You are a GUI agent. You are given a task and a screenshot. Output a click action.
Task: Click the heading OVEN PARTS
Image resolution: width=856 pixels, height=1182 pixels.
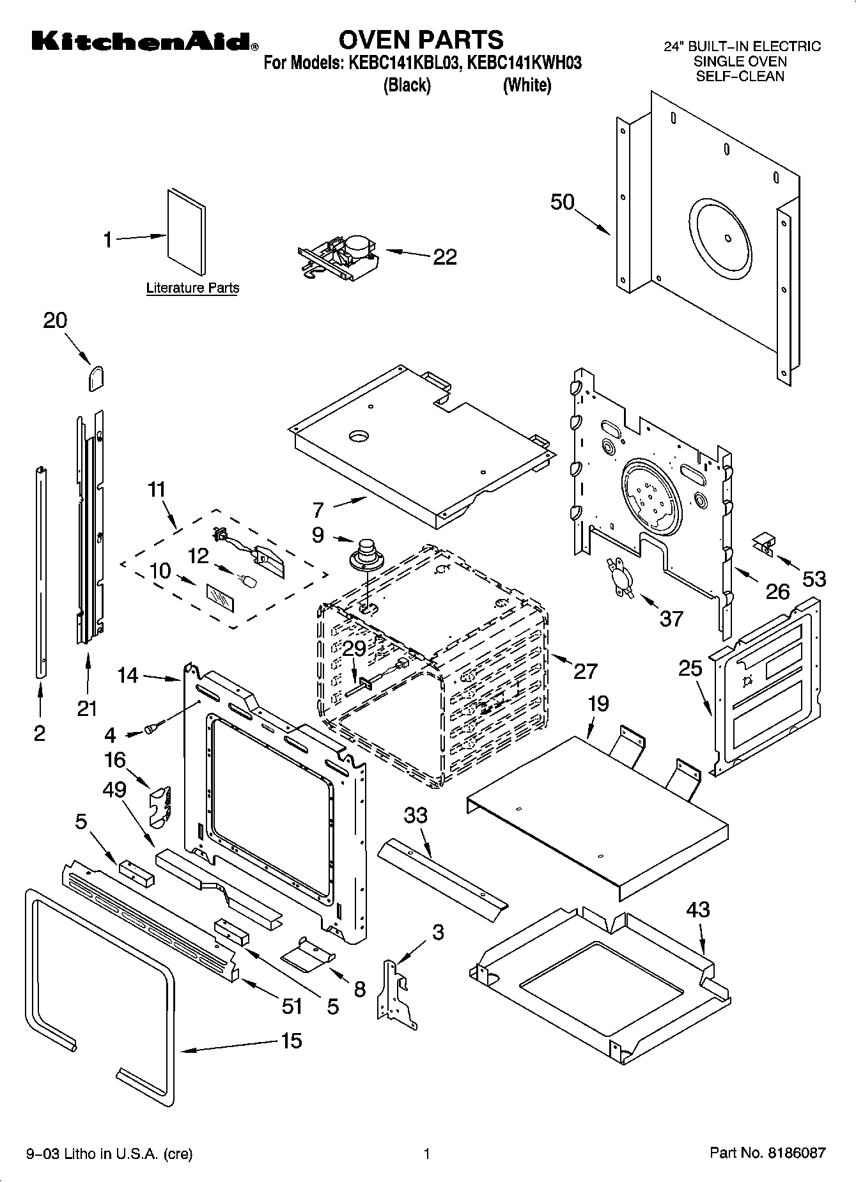tap(421, 40)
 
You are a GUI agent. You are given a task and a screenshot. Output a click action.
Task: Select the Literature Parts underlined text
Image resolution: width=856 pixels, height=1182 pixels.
tap(192, 288)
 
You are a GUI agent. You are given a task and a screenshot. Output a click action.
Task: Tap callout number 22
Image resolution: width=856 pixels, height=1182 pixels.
tap(445, 257)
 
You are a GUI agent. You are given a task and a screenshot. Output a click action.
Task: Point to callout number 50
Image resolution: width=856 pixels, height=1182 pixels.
tap(563, 202)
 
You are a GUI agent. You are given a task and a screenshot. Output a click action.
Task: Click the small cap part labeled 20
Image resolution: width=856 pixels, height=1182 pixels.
tap(95, 378)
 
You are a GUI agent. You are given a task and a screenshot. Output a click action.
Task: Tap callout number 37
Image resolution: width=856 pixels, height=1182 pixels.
tap(671, 618)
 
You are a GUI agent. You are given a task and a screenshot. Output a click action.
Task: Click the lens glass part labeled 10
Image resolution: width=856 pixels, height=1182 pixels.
tap(221, 600)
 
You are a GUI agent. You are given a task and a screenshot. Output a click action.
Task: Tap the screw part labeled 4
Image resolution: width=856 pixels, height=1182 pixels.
tap(154, 727)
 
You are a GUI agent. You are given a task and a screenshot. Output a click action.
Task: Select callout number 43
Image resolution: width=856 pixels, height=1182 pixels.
tap(697, 909)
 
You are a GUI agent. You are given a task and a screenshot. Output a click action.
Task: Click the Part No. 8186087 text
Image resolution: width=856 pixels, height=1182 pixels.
tap(767, 1154)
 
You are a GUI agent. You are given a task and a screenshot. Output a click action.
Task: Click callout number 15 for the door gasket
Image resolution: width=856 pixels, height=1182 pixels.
tap(292, 1041)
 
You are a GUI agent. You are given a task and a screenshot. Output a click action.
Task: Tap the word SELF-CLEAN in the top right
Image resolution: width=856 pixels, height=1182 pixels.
tap(740, 76)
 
